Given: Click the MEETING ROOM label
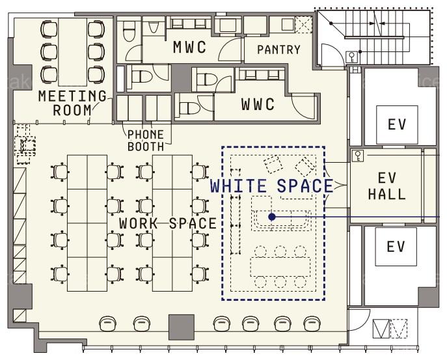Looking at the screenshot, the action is tap(72, 104).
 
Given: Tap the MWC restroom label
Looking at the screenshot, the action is tap(189, 47).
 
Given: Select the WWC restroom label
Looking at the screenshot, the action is tap(258, 104).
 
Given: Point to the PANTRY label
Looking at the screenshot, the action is tap(278, 49).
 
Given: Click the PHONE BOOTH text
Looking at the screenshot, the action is tap(146, 141).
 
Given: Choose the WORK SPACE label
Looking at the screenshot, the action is tap(168, 223).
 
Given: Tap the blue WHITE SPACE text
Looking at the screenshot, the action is tap(272, 186).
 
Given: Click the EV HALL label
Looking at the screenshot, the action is tap(387, 186).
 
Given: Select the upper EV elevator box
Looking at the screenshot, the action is tap(397, 124).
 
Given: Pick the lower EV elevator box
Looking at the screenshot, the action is tap(396, 247).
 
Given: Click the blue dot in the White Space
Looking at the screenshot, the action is tap(272, 217).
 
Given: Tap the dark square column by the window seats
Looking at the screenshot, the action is tap(182, 327).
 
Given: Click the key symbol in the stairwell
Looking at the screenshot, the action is tap(353, 57).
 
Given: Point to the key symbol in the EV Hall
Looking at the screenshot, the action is tap(357, 156).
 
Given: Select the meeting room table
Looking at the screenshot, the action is tap(72, 52).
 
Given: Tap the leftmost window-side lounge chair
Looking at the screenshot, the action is tap(108, 324).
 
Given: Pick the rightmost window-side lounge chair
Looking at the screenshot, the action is tap(312, 324).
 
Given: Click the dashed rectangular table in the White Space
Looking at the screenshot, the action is tap(280, 267).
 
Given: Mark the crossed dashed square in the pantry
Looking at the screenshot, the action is tap(303, 24).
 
